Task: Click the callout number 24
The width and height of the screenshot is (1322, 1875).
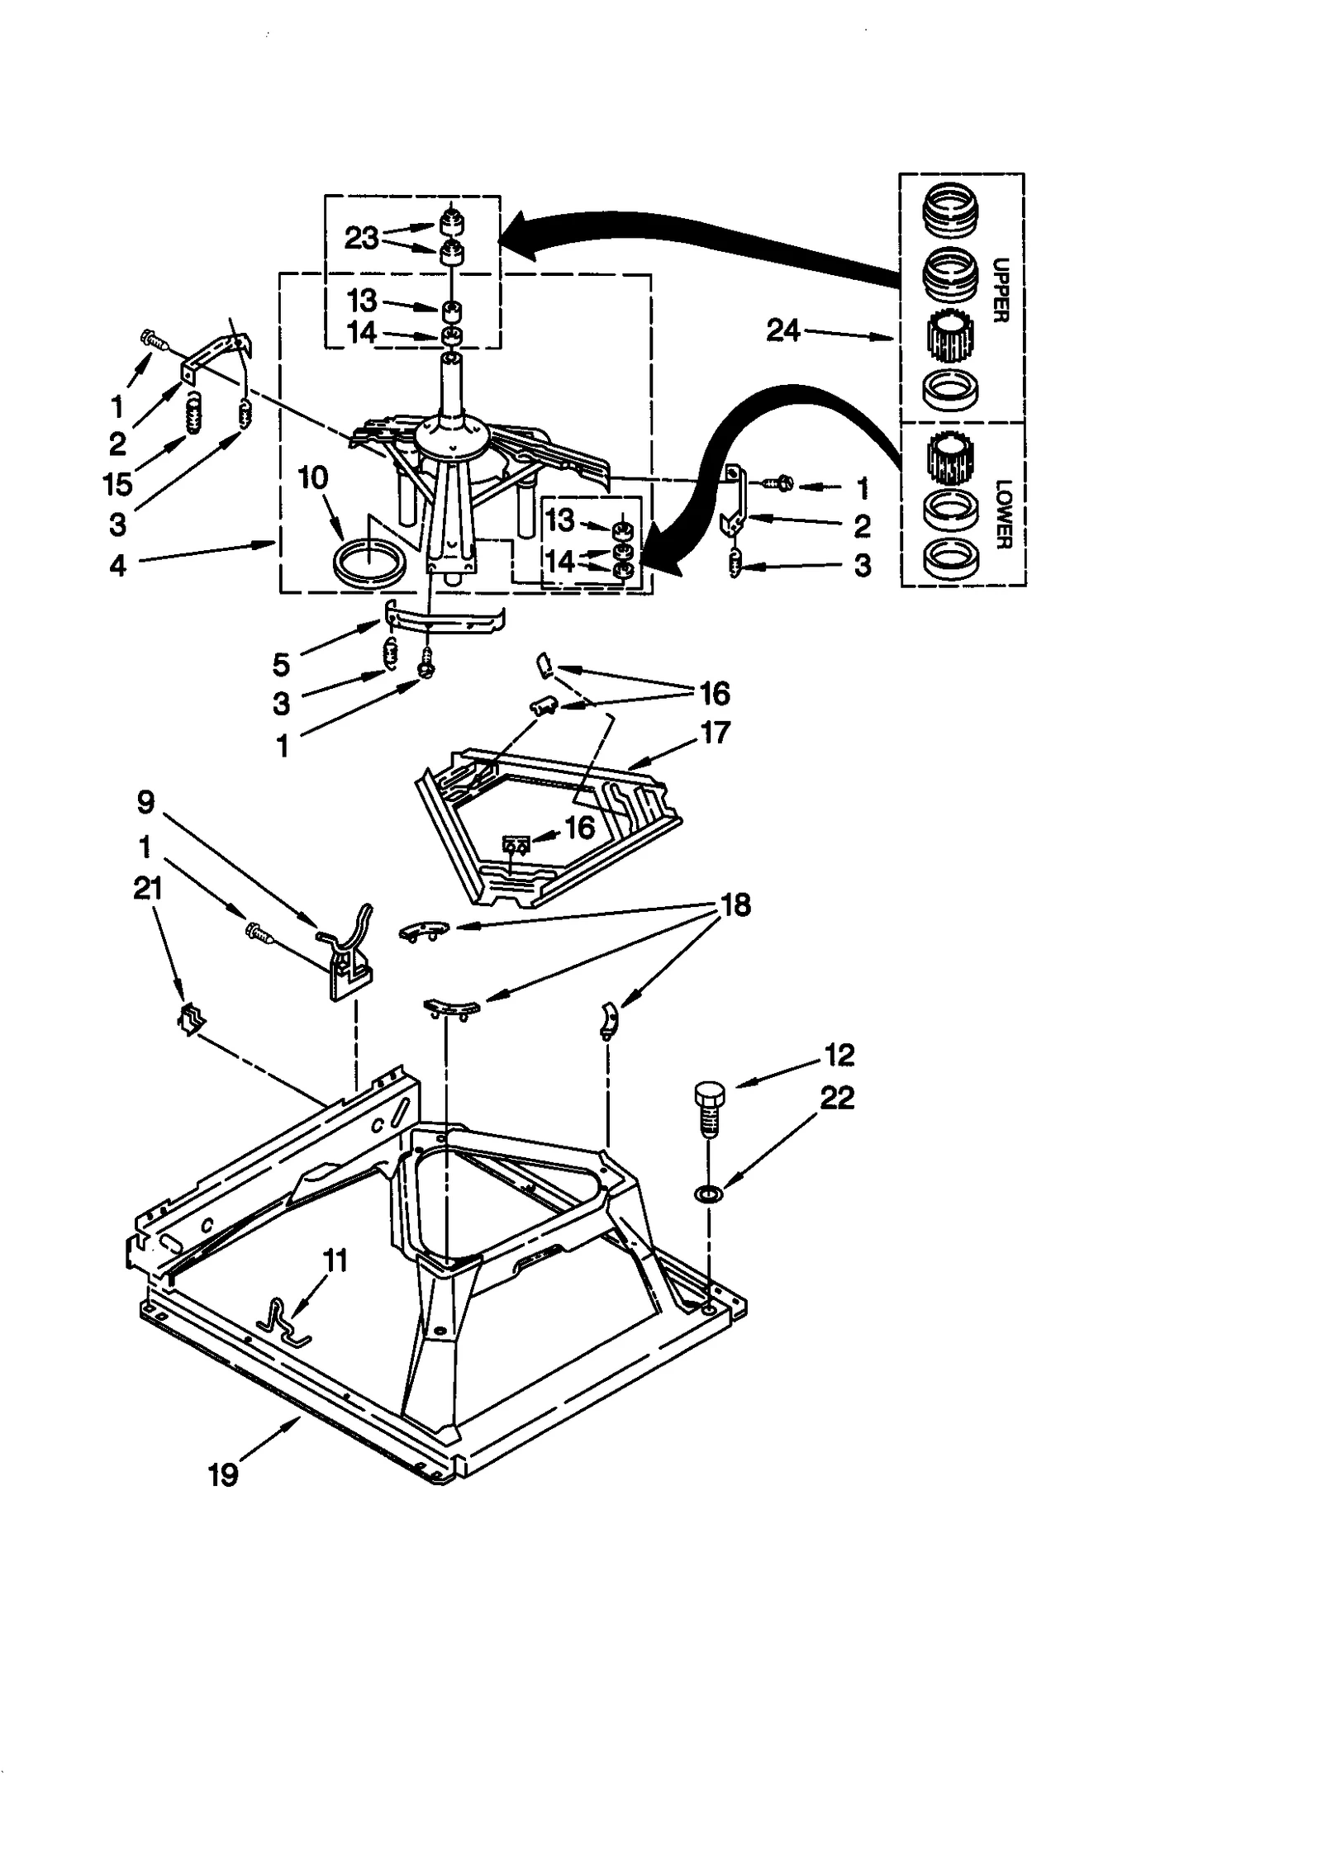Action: pyautogui.click(x=783, y=331)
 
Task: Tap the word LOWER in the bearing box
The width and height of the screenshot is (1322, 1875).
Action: pyautogui.click(x=1002, y=514)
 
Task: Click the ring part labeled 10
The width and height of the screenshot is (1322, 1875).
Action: pyautogui.click(x=369, y=562)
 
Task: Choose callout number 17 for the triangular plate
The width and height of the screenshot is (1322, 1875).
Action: pyautogui.click(x=716, y=732)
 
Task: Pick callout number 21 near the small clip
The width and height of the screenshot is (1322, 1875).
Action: pyautogui.click(x=147, y=889)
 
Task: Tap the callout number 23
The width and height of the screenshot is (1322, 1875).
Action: pyautogui.click(x=361, y=238)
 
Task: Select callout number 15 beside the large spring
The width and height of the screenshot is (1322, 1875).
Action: pyautogui.click(x=118, y=485)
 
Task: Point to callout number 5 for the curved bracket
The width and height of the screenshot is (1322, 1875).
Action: pyautogui.click(x=281, y=664)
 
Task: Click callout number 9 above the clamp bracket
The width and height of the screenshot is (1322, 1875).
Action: pyautogui.click(x=145, y=801)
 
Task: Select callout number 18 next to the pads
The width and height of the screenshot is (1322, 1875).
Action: pyautogui.click(x=736, y=905)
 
